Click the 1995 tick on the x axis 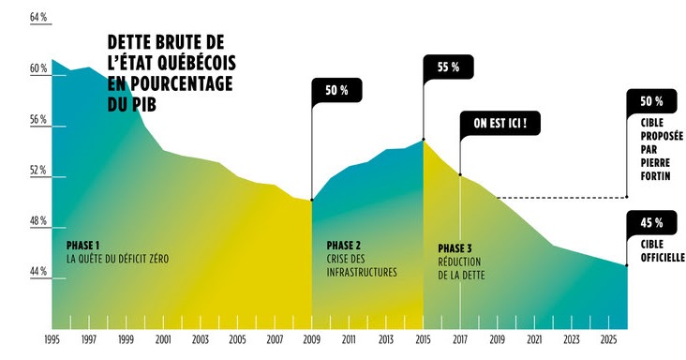[53, 338]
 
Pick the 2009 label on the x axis [311, 338]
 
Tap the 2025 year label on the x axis [607, 338]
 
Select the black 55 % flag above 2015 [448, 67]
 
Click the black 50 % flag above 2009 [336, 91]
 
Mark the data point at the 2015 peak [424, 140]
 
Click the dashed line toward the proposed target [562, 198]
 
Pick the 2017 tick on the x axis [460, 338]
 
